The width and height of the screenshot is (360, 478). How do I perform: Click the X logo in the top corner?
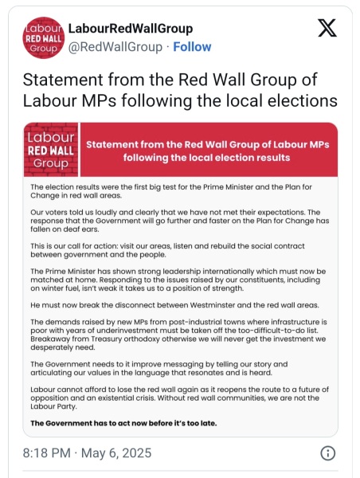327,29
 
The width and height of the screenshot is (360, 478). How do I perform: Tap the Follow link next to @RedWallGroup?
192,47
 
